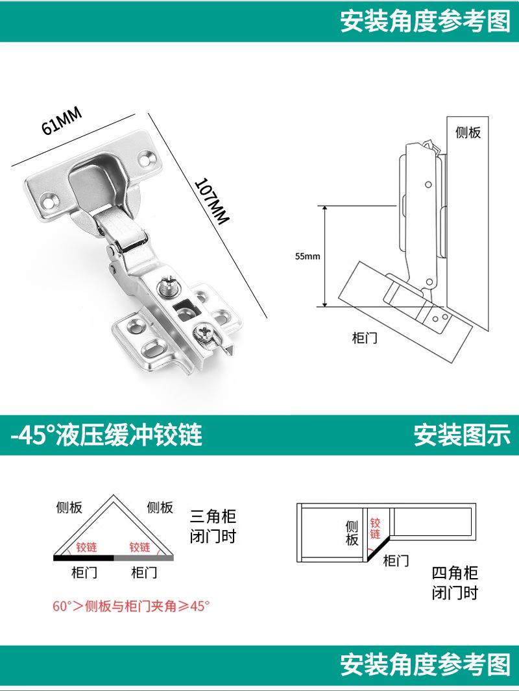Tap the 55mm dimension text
308,256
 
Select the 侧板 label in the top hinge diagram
468,132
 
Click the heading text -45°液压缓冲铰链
106,435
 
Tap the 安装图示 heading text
462,435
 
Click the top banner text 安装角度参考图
425,21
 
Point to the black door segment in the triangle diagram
84,557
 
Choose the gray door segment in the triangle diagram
143,557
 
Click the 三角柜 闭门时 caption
213,526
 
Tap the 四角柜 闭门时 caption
455,583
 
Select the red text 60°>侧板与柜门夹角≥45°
132,607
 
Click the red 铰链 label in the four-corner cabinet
375,528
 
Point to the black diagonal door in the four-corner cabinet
378,546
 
